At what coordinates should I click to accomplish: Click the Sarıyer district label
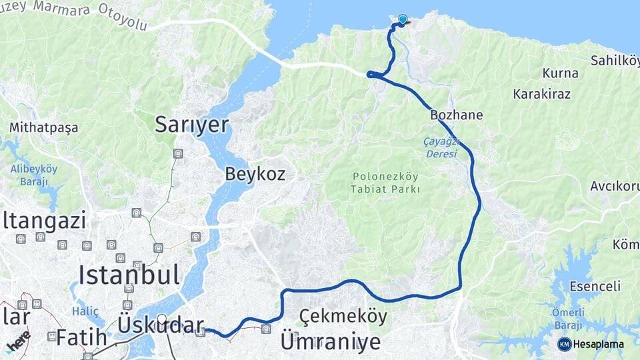coord(191,124)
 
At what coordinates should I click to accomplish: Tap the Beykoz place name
coord(255,175)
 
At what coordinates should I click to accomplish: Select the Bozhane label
coord(456,115)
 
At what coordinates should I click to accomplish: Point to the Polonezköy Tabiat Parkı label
coord(385,183)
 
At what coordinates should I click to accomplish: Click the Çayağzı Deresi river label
coord(441,148)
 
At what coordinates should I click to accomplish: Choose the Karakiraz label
coord(541,94)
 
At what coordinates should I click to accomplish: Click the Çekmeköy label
coord(343,316)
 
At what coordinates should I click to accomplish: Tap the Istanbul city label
coord(129,274)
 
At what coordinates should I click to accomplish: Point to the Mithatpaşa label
coord(43,127)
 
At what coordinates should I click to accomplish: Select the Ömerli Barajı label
coord(569,317)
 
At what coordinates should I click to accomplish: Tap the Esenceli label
coord(595,287)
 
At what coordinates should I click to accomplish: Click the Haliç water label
coord(85,311)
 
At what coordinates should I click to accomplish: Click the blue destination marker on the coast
coord(403,20)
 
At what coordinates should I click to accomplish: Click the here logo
coord(17,339)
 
